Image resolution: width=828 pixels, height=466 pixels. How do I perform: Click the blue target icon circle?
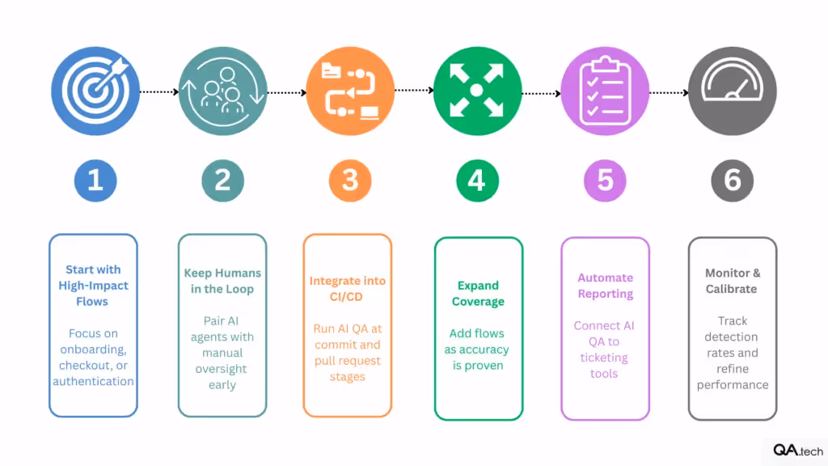(95, 91)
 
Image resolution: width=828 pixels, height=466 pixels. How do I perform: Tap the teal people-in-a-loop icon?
(222, 91)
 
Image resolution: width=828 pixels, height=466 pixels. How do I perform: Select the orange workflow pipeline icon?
(350, 91)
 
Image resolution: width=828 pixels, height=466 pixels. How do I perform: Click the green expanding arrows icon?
(477, 91)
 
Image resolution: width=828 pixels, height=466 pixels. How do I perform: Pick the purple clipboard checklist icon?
(605, 91)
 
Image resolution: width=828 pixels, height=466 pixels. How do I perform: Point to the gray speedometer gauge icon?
(732, 91)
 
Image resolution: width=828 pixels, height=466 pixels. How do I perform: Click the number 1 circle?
(95, 180)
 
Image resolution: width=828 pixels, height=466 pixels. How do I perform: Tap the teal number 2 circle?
(222, 180)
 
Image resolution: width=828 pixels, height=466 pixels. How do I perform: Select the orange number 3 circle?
(350, 180)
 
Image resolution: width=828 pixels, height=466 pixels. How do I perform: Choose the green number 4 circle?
(477, 180)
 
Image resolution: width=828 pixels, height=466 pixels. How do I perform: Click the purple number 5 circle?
(605, 180)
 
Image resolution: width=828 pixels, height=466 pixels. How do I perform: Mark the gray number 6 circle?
(732, 180)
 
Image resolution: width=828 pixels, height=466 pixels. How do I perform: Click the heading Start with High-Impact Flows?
(94, 285)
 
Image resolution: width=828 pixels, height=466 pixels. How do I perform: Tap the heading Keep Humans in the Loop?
(222, 281)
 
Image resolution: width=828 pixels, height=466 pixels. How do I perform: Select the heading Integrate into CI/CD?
(348, 289)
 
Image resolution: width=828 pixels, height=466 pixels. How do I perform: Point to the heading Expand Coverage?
(478, 293)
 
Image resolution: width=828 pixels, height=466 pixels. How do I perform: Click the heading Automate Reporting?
(605, 286)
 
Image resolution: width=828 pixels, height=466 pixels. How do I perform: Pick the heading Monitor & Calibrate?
(732, 281)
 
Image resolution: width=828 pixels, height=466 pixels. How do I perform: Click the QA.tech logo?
(796, 451)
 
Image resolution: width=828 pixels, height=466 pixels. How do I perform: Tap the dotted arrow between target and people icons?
(158, 92)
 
